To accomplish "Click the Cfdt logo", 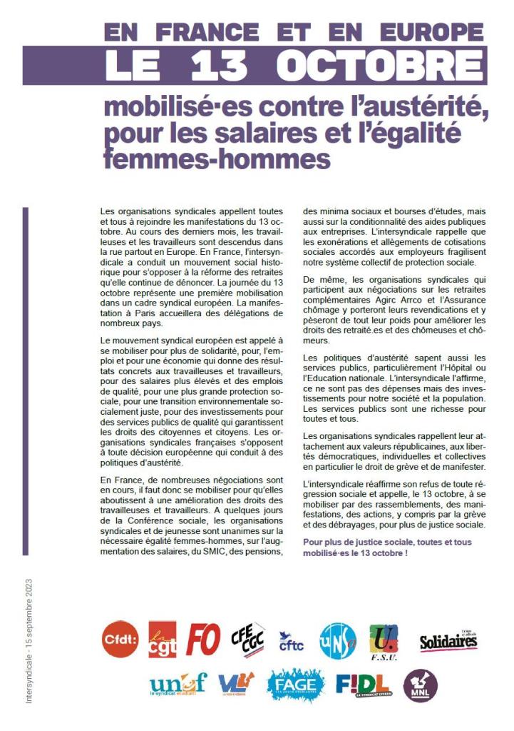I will coord(120,637).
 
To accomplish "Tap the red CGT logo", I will coord(163,638).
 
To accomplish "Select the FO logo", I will coord(203,638).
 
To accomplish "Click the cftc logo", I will coord(291,641).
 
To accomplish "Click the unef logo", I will coord(178,686).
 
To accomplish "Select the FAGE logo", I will coord(296,686).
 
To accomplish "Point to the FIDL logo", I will coord(362,687).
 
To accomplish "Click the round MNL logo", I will coord(420,686).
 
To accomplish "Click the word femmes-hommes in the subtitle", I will coord(217,159).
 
